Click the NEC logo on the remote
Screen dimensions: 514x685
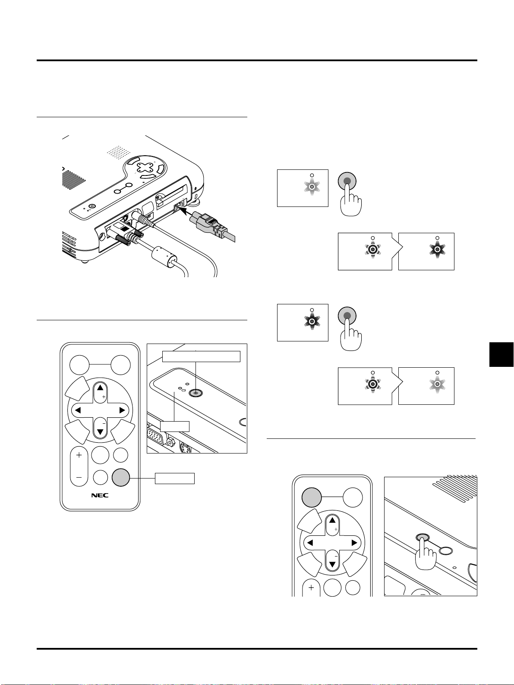(x=100, y=495)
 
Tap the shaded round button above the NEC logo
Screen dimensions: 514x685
(x=121, y=478)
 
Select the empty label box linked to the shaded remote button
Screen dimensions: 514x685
(x=175, y=479)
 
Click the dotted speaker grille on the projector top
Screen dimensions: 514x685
(x=119, y=152)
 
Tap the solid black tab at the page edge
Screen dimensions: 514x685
(x=501, y=354)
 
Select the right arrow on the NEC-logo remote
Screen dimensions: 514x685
(x=123, y=410)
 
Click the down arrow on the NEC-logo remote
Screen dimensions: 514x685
(x=100, y=432)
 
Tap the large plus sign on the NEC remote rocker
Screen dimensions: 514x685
(x=79, y=455)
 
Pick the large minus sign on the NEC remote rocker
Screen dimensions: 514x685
(x=79, y=478)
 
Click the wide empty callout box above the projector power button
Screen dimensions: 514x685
(x=201, y=357)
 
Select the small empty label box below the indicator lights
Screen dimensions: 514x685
(x=174, y=426)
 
